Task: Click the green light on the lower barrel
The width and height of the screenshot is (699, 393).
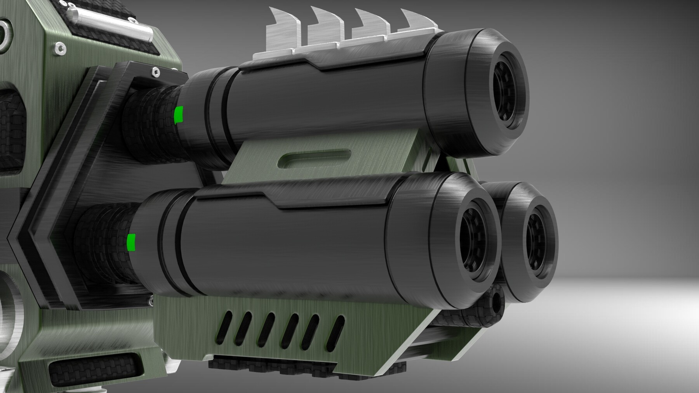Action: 131,242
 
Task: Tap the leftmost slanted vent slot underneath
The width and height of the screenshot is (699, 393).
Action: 224,324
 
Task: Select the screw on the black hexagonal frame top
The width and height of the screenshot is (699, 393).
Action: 155,71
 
